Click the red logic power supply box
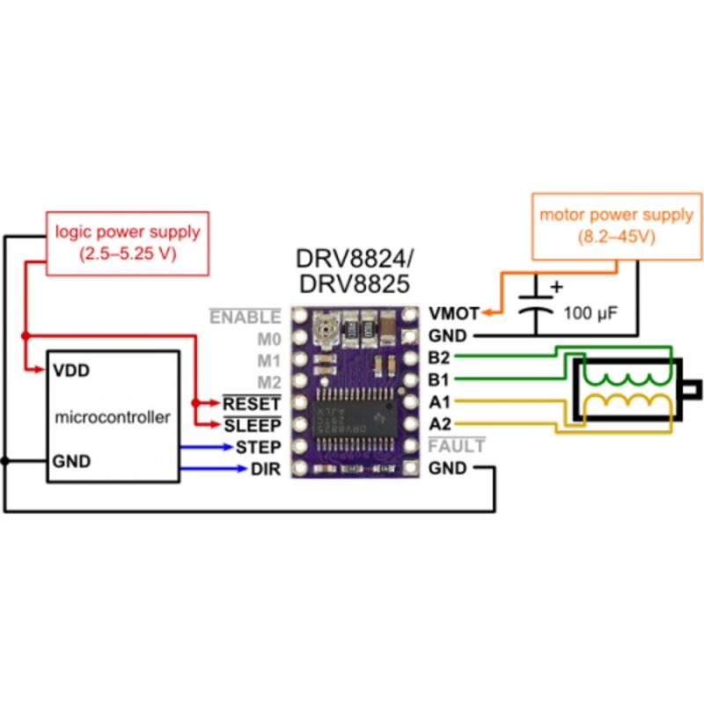point(128,243)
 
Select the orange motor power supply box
point(616,224)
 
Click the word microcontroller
point(113,416)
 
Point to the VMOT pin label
point(454,314)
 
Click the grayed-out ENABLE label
point(246,317)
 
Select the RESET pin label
point(253,403)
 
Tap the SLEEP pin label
point(253,425)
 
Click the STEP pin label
point(259,447)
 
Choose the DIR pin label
point(265,469)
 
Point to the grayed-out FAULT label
point(456,447)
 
